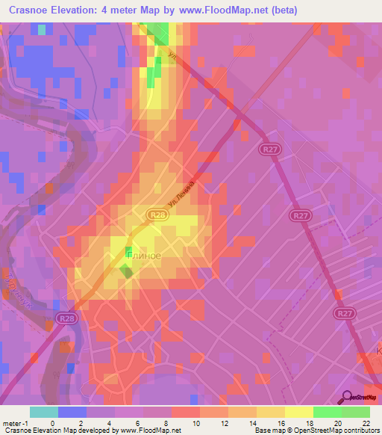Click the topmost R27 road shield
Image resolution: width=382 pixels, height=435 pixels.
click(271, 151)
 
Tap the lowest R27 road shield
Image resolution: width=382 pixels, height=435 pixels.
click(345, 314)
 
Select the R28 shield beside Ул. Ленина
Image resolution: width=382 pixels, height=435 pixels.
click(156, 215)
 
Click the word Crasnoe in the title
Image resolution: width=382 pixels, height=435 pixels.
click(35, 10)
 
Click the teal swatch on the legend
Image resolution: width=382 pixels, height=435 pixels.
click(44, 412)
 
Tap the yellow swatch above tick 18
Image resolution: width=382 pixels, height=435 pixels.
click(298, 412)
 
